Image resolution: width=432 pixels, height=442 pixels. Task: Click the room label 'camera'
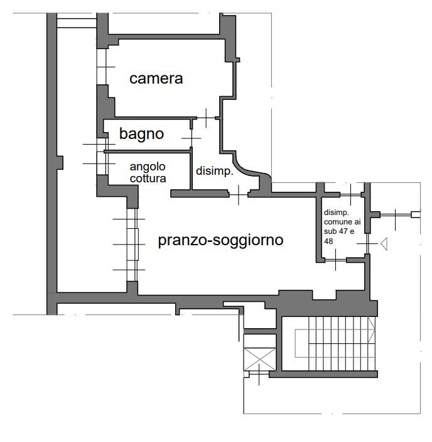[156, 79]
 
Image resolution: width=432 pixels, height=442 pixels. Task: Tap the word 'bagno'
[141, 133]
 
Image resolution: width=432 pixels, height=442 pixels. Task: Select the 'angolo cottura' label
[148, 173]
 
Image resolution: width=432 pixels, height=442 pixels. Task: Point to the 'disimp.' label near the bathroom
[215, 171]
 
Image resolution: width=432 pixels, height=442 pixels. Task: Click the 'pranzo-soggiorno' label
[220, 240]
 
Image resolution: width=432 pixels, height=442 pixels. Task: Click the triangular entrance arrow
[383, 243]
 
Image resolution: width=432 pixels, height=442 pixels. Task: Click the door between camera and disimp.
[207, 117]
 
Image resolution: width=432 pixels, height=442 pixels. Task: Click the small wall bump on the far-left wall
[60, 162]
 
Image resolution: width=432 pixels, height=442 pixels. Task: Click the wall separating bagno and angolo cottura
[148, 151]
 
